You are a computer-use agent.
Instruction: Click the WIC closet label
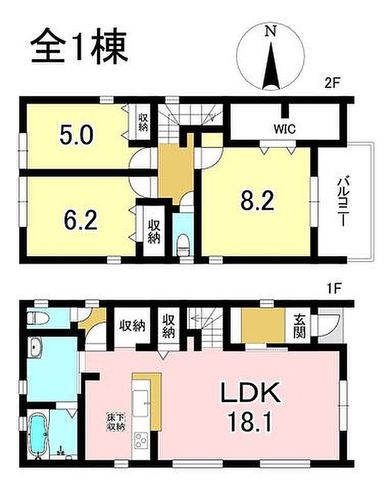281,130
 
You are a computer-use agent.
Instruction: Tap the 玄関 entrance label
299,325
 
